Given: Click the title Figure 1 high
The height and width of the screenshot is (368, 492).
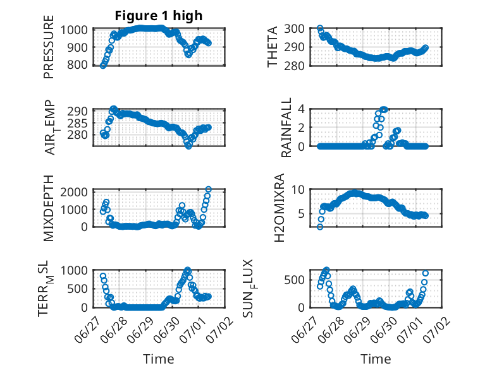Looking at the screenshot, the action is pyautogui.click(x=159, y=16).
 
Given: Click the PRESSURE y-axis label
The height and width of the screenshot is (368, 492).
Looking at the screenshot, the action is pyautogui.click(x=49, y=47).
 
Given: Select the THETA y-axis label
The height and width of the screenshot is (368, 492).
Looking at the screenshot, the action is pyautogui.click(x=273, y=47).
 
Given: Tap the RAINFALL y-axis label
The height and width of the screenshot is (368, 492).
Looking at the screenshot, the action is pyautogui.click(x=286, y=128).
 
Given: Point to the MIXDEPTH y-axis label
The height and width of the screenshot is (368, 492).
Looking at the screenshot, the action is pyautogui.click(x=49, y=208).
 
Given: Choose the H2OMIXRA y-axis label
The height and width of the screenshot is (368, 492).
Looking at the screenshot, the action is pyautogui.click(x=279, y=208).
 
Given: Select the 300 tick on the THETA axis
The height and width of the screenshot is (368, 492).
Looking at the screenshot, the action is pyautogui.click(x=294, y=29).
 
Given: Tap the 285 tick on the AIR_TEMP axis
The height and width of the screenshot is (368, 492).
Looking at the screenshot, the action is pyautogui.click(x=77, y=123).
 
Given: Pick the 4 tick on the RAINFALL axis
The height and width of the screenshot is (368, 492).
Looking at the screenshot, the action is pyautogui.click(x=301, y=109).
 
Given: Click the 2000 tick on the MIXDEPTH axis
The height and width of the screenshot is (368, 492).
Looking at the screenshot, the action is pyautogui.click(x=74, y=191).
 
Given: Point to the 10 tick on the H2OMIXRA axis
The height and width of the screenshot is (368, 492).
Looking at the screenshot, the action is pyautogui.click(x=298, y=189).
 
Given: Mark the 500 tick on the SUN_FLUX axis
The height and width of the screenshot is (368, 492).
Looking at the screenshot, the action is pyautogui.click(x=294, y=280).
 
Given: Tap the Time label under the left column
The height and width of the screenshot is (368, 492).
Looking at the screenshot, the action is pyautogui.click(x=159, y=359).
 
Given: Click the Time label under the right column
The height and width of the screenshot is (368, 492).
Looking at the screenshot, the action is pyautogui.click(x=376, y=359).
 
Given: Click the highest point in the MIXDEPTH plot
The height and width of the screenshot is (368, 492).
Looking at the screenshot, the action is pyautogui.click(x=208, y=189).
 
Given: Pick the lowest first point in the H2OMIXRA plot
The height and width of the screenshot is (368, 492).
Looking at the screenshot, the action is pyautogui.click(x=320, y=227).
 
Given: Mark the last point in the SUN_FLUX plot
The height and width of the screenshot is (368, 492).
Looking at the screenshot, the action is pyautogui.click(x=426, y=273).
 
